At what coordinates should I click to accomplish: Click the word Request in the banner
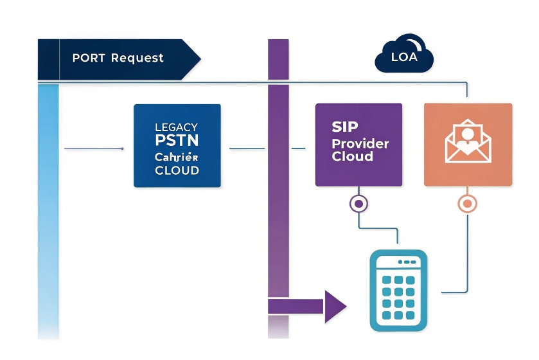click(137, 58)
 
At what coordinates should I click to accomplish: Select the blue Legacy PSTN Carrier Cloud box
click(177, 146)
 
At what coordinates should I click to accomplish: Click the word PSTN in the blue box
click(177, 140)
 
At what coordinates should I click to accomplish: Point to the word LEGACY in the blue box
click(177, 127)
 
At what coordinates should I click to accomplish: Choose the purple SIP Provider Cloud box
click(358, 145)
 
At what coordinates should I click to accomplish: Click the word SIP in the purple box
click(345, 127)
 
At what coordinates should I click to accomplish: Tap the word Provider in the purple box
click(360, 143)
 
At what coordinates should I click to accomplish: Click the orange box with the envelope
click(468, 145)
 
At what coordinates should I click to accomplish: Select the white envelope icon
click(468, 142)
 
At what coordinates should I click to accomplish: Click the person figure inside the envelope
click(468, 135)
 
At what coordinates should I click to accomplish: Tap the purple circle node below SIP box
click(358, 204)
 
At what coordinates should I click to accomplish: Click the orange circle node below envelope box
click(468, 204)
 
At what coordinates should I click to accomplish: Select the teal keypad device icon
click(398, 291)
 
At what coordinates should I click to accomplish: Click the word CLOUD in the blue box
click(177, 171)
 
